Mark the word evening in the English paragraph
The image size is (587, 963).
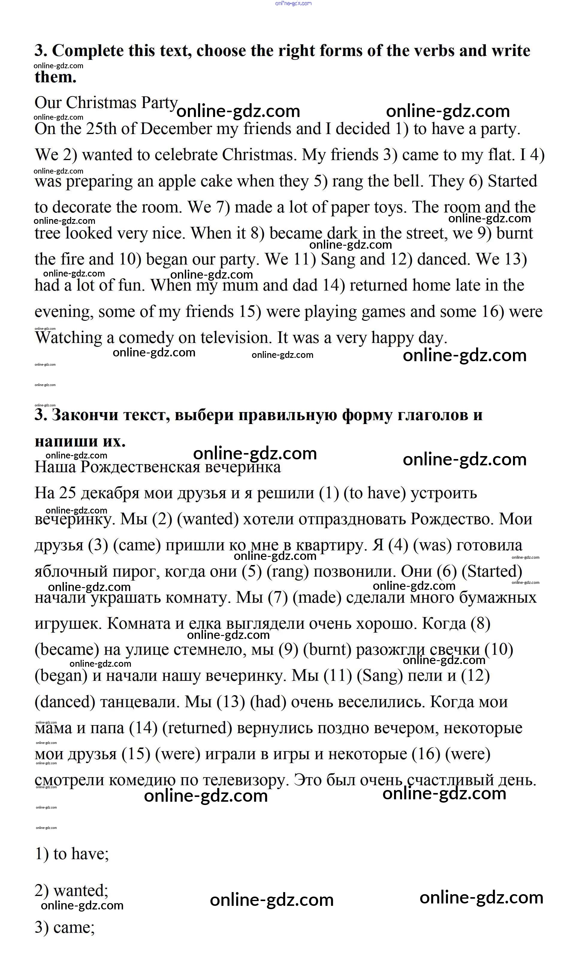pyautogui.click(x=64, y=312)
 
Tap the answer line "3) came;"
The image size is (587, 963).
pyautogui.click(x=64, y=927)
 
